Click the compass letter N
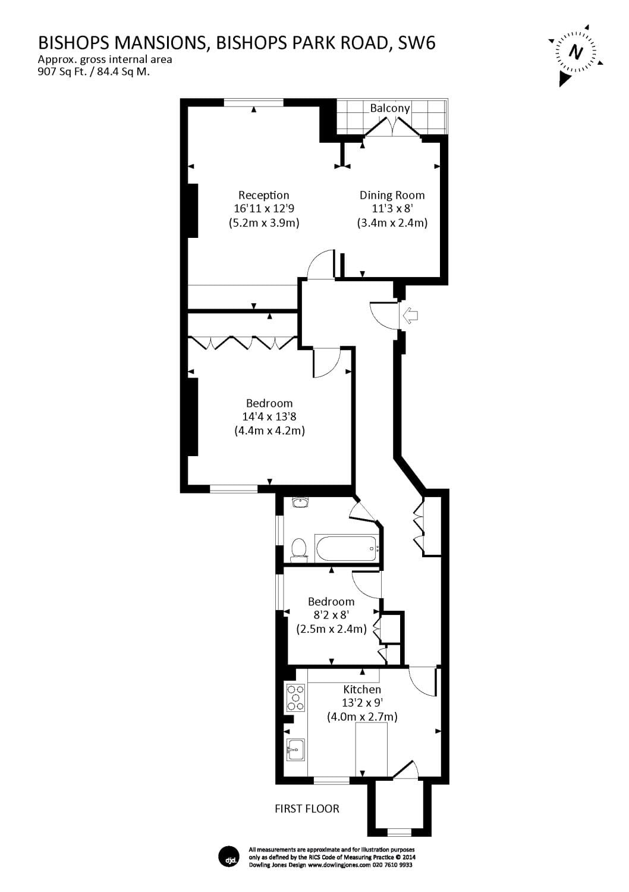pyautogui.click(x=575, y=52)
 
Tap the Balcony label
pyautogui.click(x=390, y=108)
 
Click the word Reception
pyautogui.click(x=263, y=195)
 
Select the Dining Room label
pyautogui.click(x=392, y=195)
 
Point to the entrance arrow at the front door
pyautogui.click(x=410, y=315)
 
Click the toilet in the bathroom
pyautogui.click(x=298, y=549)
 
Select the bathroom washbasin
pyautogui.click(x=301, y=503)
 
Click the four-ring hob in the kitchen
pyautogui.click(x=295, y=698)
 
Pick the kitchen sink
pyautogui.click(x=295, y=750)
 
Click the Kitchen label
pyautogui.click(x=362, y=690)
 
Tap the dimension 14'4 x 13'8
pyautogui.click(x=269, y=417)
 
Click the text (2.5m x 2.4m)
pyautogui.click(x=331, y=629)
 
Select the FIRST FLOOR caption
pyautogui.click(x=307, y=809)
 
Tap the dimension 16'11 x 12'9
pyautogui.click(x=263, y=209)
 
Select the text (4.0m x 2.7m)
pyautogui.click(x=362, y=717)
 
